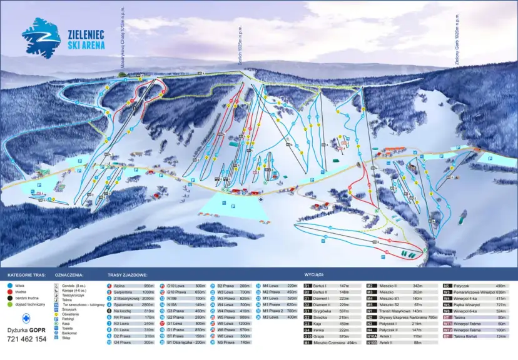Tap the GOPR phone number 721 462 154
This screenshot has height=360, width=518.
tap(25, 339)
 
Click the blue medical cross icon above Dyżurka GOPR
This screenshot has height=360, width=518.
tap(26, 316)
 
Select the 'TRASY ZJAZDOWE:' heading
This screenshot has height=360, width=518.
tap(127, 274)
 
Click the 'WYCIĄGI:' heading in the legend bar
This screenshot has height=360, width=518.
tap(313, 274)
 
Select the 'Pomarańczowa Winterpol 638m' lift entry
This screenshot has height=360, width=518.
tap(477, 292)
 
